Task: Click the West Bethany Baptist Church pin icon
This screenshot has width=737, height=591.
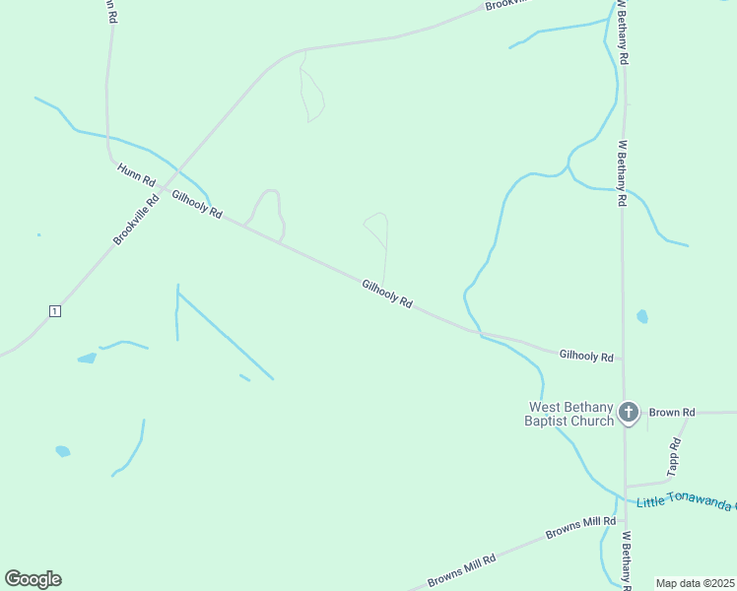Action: tap(629, 413)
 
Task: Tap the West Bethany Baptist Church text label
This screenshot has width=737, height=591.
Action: tap(570, 414)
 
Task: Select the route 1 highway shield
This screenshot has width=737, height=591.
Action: tap(54, 311)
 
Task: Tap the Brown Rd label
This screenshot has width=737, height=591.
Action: tap(672, 412)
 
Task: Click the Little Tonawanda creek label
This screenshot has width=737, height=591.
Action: tap(686, 502)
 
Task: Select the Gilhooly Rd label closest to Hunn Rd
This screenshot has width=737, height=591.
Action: tap(197, 205)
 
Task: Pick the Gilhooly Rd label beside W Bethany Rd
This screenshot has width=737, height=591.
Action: tap(586, 356)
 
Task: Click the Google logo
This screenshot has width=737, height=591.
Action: tap(33, 579)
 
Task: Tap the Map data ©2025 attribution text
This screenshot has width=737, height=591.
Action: tap(695, 583)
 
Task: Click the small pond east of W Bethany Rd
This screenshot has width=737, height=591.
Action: tap(642, 316)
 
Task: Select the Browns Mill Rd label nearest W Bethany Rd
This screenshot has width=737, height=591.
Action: tap(580, 528)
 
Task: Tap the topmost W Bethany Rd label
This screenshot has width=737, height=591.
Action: tap(623, 33)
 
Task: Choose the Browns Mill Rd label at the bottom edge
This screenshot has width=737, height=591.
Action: tap(461, 570)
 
